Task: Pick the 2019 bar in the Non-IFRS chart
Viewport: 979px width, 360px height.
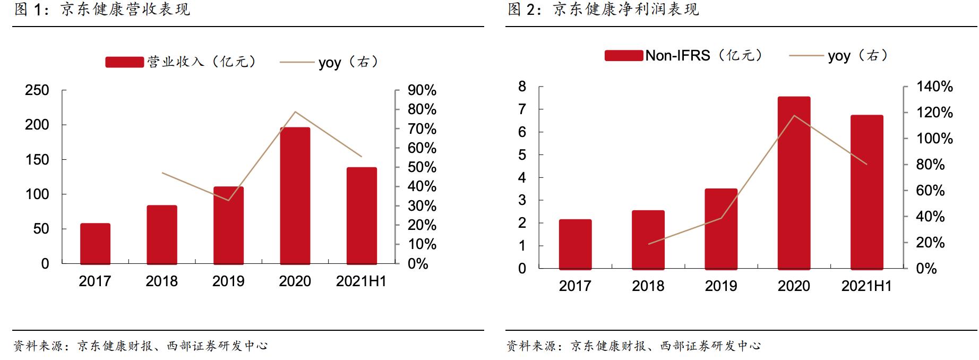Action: tap(721, 229)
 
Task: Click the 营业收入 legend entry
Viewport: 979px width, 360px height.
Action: tap(181, 62)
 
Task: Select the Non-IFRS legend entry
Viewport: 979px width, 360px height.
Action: tap(683, 55)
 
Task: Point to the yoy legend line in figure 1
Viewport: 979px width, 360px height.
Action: tap(297, 63)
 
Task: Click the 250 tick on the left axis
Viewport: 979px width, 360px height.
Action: tap(37, 90)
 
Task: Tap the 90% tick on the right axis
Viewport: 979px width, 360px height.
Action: tap(422, 90)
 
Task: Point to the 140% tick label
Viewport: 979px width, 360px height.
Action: tap(934, 87)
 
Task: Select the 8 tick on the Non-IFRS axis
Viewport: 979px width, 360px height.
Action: tap(522, 87)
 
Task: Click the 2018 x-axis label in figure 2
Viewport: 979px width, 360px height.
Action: tap(648, 286)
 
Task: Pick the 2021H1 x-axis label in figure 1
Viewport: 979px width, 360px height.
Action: tap(361, 281)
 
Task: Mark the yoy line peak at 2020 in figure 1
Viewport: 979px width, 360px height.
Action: tap(295, 112)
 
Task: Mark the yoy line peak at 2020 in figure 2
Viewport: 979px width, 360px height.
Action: tap(794, 116)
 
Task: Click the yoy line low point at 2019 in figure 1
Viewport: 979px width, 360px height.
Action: tap(228, 200)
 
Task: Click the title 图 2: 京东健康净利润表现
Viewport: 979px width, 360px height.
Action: tap(603, 10)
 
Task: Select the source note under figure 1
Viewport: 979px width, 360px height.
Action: tap(141, 346)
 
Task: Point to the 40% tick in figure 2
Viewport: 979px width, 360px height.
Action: tap(930, 217)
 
